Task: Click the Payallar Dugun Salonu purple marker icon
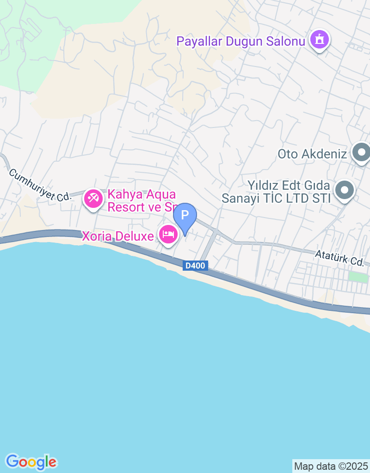[x=319, y=40]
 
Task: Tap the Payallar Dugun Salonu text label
[x=241, y=41]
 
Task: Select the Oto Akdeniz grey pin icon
[x=361, y=152]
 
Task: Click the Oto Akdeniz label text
[x=312, y=153]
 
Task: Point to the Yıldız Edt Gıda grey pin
[x=344, y=190]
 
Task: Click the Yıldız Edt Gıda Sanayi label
[x=276, y=192]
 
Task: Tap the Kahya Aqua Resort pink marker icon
[x=93, y=199]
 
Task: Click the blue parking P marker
[x=185, y=216]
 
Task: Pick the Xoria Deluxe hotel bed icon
[x=168, y=234]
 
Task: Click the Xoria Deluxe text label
[x=117, y=236]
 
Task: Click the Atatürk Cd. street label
[x=339, y=257]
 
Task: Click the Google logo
[x=31, y=461]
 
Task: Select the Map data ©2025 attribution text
[x=331, y=466]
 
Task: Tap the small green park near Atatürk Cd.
[x=355, y=277]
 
